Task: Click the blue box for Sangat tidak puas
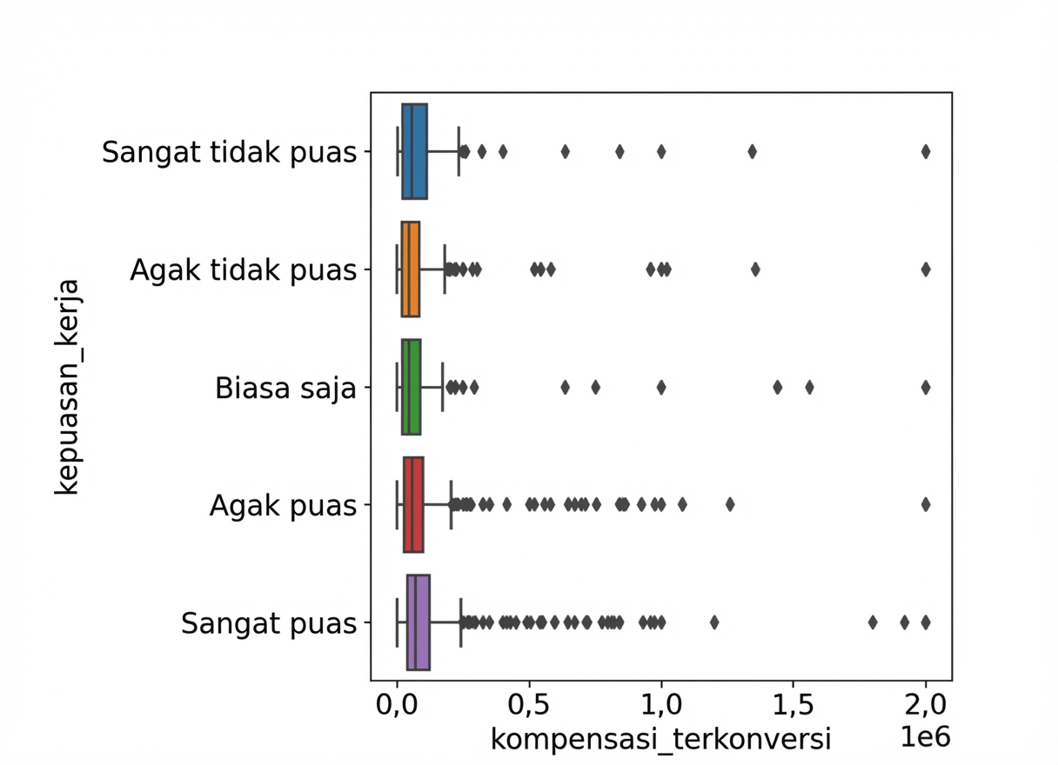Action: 414,151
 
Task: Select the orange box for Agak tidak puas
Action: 410,269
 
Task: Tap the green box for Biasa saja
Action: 411,387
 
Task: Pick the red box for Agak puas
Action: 413,504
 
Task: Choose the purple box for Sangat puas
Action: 418,622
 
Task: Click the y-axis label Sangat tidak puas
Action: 229,152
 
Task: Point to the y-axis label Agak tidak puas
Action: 243,270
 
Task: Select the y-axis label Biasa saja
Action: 285,388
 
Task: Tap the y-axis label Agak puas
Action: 283,505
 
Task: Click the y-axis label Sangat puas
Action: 269,623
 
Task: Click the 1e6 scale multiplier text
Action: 924,737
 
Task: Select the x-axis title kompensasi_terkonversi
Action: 661,739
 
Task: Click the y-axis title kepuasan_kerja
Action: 67,387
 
